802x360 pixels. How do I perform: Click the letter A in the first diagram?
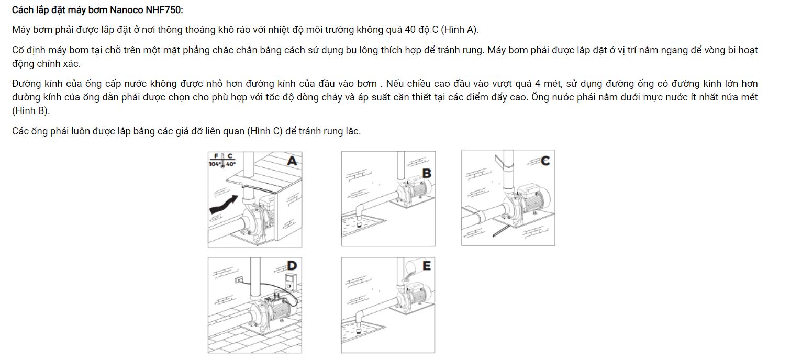coord(292,161)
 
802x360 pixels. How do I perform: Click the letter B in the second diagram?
coord(427,173)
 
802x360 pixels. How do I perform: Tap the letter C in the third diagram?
coord(545,161)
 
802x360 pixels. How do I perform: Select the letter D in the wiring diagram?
coord(292,266)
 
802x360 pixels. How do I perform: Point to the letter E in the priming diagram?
coord(427,266)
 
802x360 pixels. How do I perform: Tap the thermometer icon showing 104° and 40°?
coord(222,160)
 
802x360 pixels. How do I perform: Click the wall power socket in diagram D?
coord(240,280)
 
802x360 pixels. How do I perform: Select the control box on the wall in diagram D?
coord(289,283)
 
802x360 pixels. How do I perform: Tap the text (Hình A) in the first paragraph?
coord(460,29)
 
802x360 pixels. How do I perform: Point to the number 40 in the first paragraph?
coord(410,29)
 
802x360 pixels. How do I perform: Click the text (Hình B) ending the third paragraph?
coord(30,110)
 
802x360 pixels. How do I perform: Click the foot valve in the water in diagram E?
coord(359,330)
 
